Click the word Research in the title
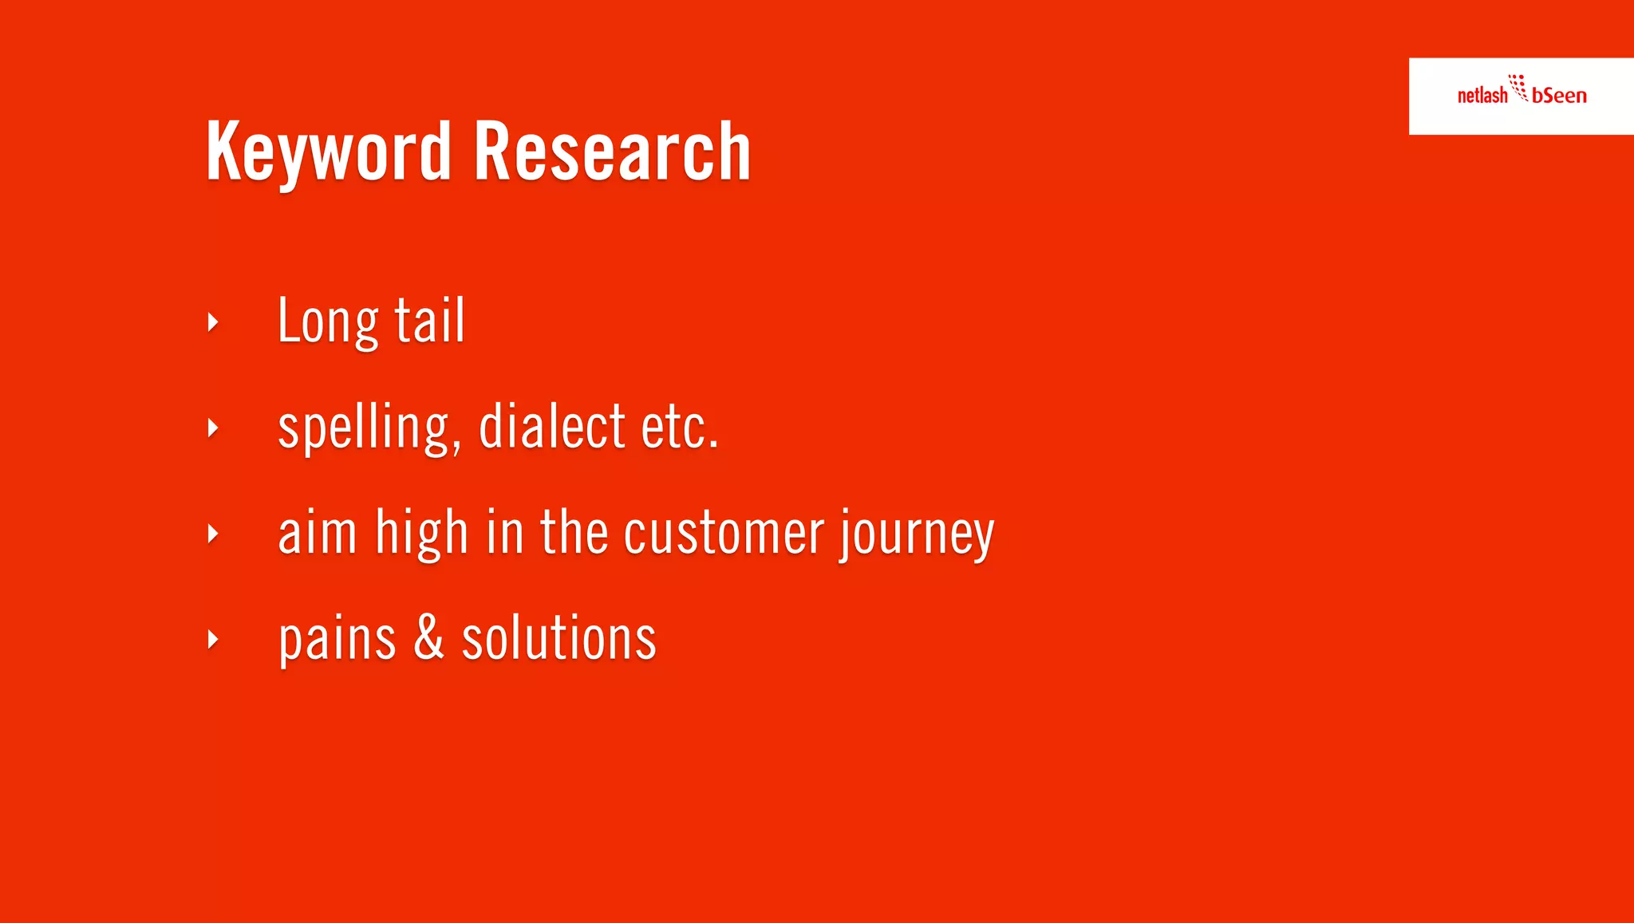tap(612, 152)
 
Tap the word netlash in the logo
tap(1482, 96)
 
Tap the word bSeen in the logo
tap(1559, 96)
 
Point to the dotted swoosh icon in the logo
tap(1518, 87)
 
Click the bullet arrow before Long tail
tap(212, 322)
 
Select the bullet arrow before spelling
tap(212, 428)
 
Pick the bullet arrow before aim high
tap(212, 534)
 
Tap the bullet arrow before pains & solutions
tap(212, 639)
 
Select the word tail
tap(430, 321)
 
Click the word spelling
tap(369, 428)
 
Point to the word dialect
tap(551, 427)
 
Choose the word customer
tap(723, 534)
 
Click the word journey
tap(916, 534)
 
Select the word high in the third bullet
tap(421, 534)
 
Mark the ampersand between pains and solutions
tap(428, 638)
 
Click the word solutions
tap(558, 638)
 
